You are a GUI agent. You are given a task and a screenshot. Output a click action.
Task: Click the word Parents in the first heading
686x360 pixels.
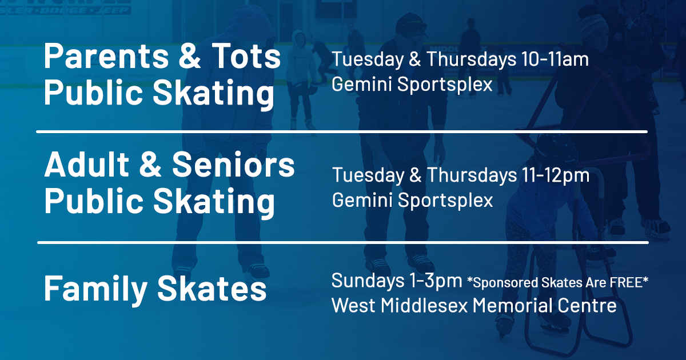coord(106,56)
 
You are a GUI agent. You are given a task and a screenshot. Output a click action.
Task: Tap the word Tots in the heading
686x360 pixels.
coord(246,56)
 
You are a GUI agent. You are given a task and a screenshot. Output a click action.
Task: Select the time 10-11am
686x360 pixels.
coord(555,59)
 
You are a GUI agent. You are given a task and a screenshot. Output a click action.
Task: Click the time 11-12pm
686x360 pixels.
coord(556,175)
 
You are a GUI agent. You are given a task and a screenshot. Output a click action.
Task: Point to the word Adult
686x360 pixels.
coord(87,164)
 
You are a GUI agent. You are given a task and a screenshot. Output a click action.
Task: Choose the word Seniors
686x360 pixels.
coord(233,164)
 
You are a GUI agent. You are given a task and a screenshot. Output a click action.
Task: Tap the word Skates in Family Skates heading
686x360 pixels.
coord(212,289)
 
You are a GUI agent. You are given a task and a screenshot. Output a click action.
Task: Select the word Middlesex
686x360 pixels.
coord(424,305)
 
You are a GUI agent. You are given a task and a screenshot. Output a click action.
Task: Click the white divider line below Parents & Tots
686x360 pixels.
coord(342,131)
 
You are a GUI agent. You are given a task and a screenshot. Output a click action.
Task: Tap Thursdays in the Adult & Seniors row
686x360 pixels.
coord(472,175)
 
